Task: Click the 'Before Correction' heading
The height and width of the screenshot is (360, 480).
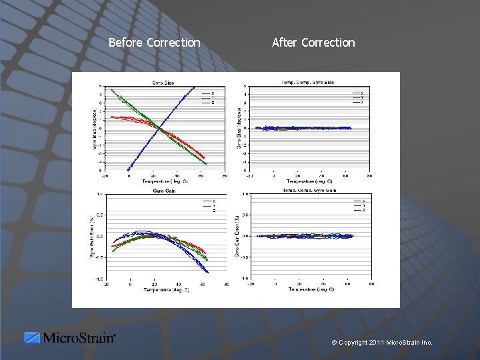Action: point(154,43)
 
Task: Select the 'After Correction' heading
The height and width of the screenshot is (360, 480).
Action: point(313,43)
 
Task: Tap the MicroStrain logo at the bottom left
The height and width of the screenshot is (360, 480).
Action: point(70,338)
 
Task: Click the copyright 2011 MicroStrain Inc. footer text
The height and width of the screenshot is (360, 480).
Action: point(382,342)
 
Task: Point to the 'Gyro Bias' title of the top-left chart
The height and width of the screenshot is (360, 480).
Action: point(163,82)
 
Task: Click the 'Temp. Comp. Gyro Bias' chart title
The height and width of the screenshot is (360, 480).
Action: point(308,82)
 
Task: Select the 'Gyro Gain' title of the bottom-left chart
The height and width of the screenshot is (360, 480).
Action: point(163,191)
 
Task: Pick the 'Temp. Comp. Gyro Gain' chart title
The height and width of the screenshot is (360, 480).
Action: point(308,191)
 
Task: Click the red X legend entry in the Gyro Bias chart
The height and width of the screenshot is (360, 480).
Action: point(207,93)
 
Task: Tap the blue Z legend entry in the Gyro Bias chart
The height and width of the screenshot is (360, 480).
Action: point(207,102)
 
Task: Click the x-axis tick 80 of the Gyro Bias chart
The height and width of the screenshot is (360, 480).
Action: point(225,175)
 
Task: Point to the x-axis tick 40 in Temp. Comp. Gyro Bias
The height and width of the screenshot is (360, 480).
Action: point(322,175)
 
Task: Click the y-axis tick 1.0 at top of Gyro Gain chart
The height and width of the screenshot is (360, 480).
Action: point(99,194)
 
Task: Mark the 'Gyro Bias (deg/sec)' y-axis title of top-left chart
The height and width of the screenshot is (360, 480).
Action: point(95,127)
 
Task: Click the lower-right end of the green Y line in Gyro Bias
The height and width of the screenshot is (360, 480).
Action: point(206,163)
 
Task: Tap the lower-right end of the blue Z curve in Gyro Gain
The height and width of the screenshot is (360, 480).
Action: point(208,272)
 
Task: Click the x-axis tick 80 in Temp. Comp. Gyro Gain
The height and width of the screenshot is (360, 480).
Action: point(370,283)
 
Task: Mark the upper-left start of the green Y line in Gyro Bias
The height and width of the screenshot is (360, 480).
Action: point(111,89)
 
